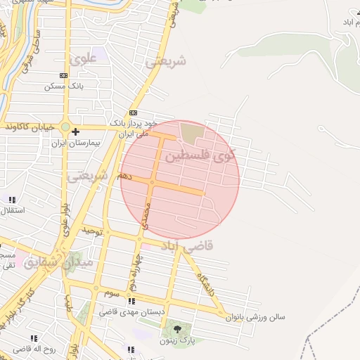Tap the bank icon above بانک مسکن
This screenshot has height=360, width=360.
click(x=64, y=75)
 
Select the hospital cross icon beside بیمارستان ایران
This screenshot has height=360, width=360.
click(x=75, y=131)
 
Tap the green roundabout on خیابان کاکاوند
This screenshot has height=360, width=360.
click(x=65, y=127)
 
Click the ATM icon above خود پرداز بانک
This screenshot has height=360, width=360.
click(x=133, y=112)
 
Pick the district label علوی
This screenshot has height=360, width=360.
click(x=82, y=60)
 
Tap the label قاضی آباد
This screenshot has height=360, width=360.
click(x=209, y=247)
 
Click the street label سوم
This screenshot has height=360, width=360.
click(x=113, y=291)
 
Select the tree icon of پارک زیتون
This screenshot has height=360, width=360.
click(x=176, y=328)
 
